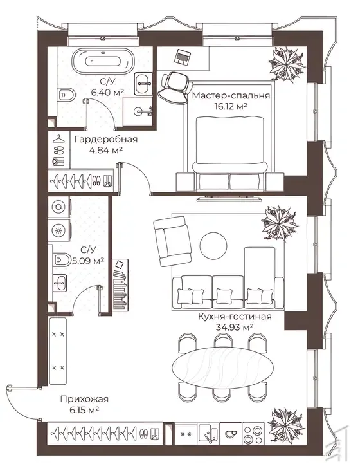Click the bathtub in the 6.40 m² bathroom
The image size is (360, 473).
point(102,61)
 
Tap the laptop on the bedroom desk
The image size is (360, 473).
point(183,57)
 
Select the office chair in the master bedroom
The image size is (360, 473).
point(176,87)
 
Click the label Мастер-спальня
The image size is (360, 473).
point(231,96)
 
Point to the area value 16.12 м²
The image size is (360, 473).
point(231,106)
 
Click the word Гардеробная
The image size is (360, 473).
point(106,140)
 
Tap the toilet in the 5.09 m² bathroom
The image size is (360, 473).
point(62,259)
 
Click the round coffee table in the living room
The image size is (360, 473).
point(214,246)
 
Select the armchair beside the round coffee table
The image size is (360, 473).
point(172,241)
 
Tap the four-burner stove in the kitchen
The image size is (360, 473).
point(254,434)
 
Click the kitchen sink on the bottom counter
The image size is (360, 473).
point(208,434)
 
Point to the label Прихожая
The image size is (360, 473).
point(84,400)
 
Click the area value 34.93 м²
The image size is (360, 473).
point(235,328)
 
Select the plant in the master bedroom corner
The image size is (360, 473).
point(287,64)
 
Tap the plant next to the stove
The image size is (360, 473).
point(285,425)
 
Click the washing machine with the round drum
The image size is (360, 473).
point(59,207)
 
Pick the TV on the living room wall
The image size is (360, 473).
point(229,199)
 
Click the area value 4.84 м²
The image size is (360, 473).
point(106,150)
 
